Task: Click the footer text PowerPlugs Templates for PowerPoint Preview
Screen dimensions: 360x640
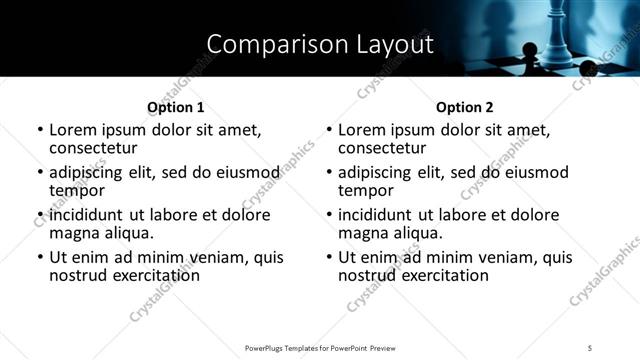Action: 320,347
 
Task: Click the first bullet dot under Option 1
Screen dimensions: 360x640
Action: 40,130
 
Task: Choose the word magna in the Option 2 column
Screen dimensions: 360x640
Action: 364,233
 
